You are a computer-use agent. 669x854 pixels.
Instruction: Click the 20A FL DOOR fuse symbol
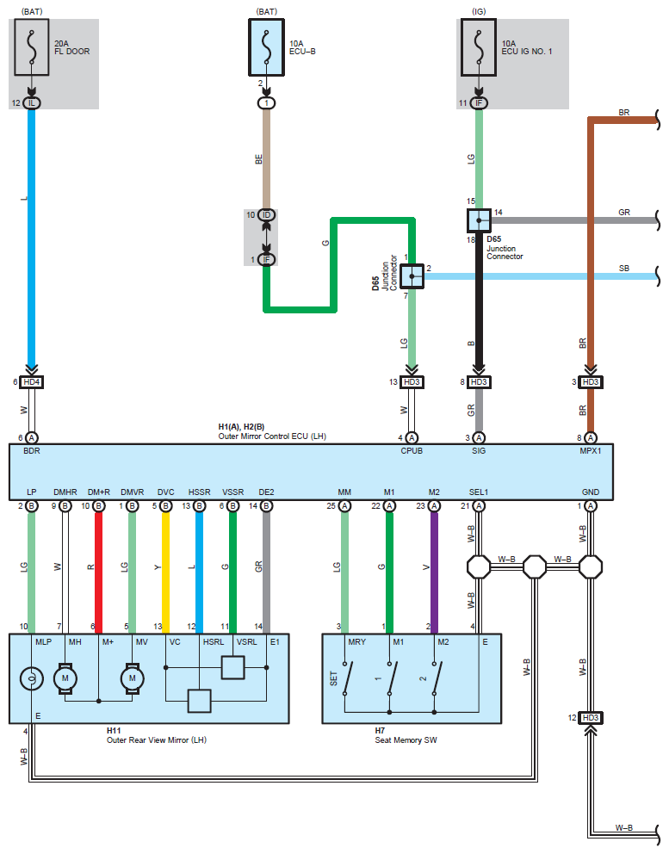[32, 47]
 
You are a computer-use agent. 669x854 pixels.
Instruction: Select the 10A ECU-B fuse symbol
[266, 47]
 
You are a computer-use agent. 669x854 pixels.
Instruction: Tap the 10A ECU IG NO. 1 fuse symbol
[479, 47]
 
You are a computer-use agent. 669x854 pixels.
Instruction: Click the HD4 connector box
[32, 382]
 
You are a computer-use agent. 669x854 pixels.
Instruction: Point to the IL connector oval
[32, 103]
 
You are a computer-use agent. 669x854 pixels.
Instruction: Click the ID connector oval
[266, 215]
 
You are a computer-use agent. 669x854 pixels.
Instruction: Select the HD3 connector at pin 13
[412, 382]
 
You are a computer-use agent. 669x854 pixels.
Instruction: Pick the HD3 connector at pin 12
[591, 718]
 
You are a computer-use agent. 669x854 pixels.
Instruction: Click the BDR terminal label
[32, 451]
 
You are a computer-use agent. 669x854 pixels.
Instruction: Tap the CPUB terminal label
[412, 451]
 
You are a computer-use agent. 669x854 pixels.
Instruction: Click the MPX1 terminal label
[591, 451]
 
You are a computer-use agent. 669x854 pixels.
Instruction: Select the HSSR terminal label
[200, 492]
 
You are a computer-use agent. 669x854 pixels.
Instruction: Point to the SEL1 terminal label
[479, 492]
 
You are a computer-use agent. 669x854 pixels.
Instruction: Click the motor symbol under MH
[65, 678]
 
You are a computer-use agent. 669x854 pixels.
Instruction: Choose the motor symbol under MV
[133, 678]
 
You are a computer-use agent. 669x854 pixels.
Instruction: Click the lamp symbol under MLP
[32, 678]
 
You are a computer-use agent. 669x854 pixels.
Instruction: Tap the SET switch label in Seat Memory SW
[333, 678]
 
